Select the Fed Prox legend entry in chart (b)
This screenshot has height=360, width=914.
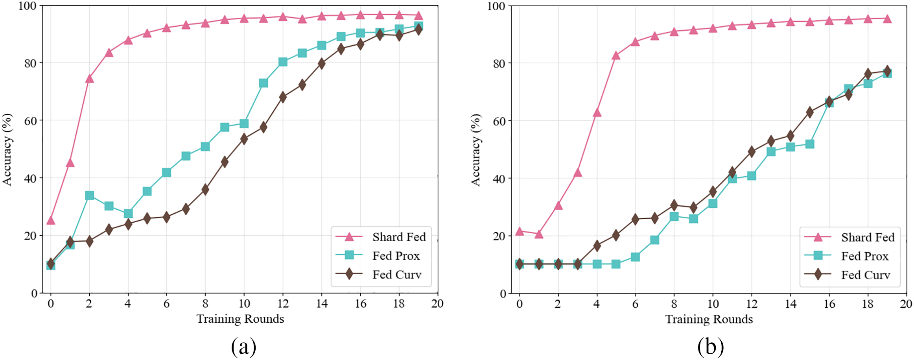[x=864, y=256]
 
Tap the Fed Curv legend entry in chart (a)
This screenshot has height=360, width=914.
[x=396, y=274]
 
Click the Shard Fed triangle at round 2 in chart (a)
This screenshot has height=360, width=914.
[x=89, y=79]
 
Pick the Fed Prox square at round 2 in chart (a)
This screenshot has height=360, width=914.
[x=89, y=195]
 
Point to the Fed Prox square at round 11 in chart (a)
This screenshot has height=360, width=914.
[x=264, y=83]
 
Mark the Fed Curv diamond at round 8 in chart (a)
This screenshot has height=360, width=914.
[x=205, y=190]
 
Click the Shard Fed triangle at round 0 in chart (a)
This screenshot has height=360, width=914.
[x=51, y=220]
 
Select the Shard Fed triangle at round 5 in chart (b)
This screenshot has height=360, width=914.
[x=616, y=55]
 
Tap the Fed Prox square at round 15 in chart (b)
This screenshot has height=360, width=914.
[x=809, y=144]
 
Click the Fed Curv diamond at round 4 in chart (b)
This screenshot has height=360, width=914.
[x=597, y=246]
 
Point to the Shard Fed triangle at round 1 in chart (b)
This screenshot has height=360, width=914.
[x=539, y=234]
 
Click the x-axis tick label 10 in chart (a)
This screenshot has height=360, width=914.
[x=244, y=303]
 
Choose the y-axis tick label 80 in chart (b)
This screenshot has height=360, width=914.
[x=500, y=63]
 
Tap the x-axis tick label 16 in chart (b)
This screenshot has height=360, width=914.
[x=829, y=304]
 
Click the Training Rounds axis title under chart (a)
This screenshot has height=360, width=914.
[x=240, y=318]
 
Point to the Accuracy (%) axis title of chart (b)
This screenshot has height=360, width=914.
[x=476, y=150]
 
